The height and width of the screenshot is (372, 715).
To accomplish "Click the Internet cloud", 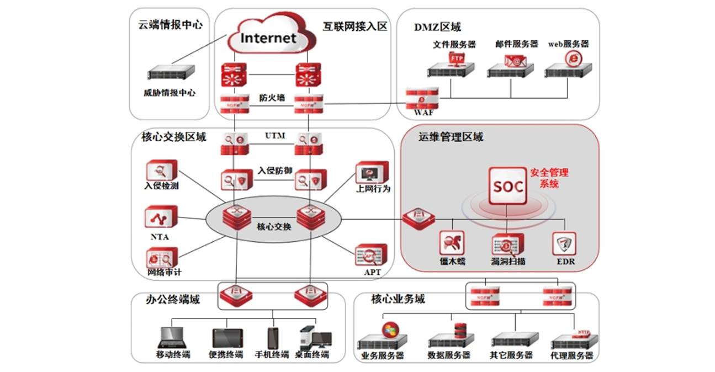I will click(x=269, y=38).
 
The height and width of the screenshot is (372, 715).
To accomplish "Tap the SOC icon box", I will click(x=507, y=187).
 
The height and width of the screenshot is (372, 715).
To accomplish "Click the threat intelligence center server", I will click(x=172, y=72).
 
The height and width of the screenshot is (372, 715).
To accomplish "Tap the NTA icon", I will click(x=161, y=217).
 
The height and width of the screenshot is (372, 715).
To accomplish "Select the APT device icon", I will click(x=371, y=255).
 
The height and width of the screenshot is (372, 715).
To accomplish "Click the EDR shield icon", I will click(x=564, y=243).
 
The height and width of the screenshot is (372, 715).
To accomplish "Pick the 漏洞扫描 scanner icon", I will click(x=507, y=244).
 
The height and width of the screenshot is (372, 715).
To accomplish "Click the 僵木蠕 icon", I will click(x=452, y=243).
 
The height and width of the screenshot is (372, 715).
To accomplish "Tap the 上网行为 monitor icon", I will click(x=372, y=173).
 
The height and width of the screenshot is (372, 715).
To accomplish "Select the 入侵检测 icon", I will click(x=161, y=171).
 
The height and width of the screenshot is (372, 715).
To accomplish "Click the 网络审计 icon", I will click(x=162, y=258).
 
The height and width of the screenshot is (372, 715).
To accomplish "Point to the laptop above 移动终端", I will click(x=172, y=337).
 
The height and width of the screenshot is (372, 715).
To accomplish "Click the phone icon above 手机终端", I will click(x=273, y=338).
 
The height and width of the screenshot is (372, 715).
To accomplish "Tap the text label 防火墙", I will click(x=272, y=98).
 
